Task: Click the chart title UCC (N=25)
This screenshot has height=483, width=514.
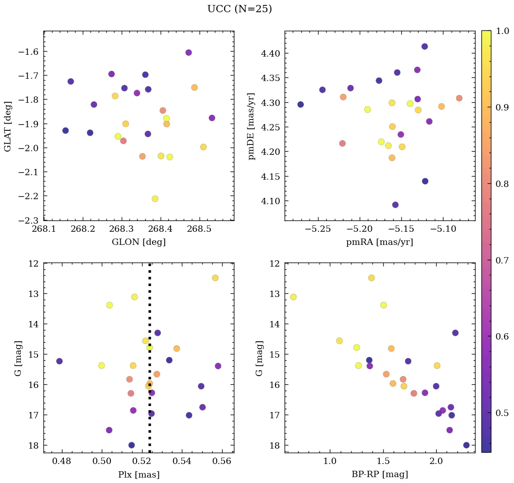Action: [239, 9]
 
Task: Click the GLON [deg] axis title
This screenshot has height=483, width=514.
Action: [138, 242]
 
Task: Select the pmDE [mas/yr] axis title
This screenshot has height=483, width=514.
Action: [252, 126]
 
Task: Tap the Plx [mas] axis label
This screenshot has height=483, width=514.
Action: [138, 474]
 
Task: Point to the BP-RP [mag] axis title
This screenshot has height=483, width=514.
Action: [380, 474]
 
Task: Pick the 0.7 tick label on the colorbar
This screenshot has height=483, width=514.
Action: [502, 260]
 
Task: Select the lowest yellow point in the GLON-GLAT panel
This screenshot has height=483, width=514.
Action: [155, 199]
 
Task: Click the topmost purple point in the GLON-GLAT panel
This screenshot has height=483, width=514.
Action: [189, 53]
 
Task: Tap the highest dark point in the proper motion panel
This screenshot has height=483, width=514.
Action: [424, 47]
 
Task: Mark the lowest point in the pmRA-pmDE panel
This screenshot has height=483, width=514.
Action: [395, 205]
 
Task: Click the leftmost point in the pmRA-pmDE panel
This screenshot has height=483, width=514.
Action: [300, 105]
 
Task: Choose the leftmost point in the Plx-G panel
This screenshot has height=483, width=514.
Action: [59, 361]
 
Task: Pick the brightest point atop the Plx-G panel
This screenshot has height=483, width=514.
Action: [215, 278]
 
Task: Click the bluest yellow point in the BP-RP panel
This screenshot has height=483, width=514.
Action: [293, 297]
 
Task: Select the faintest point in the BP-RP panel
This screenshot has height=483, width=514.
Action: [466, 445]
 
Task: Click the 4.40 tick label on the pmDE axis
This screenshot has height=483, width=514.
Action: [271, 54]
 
